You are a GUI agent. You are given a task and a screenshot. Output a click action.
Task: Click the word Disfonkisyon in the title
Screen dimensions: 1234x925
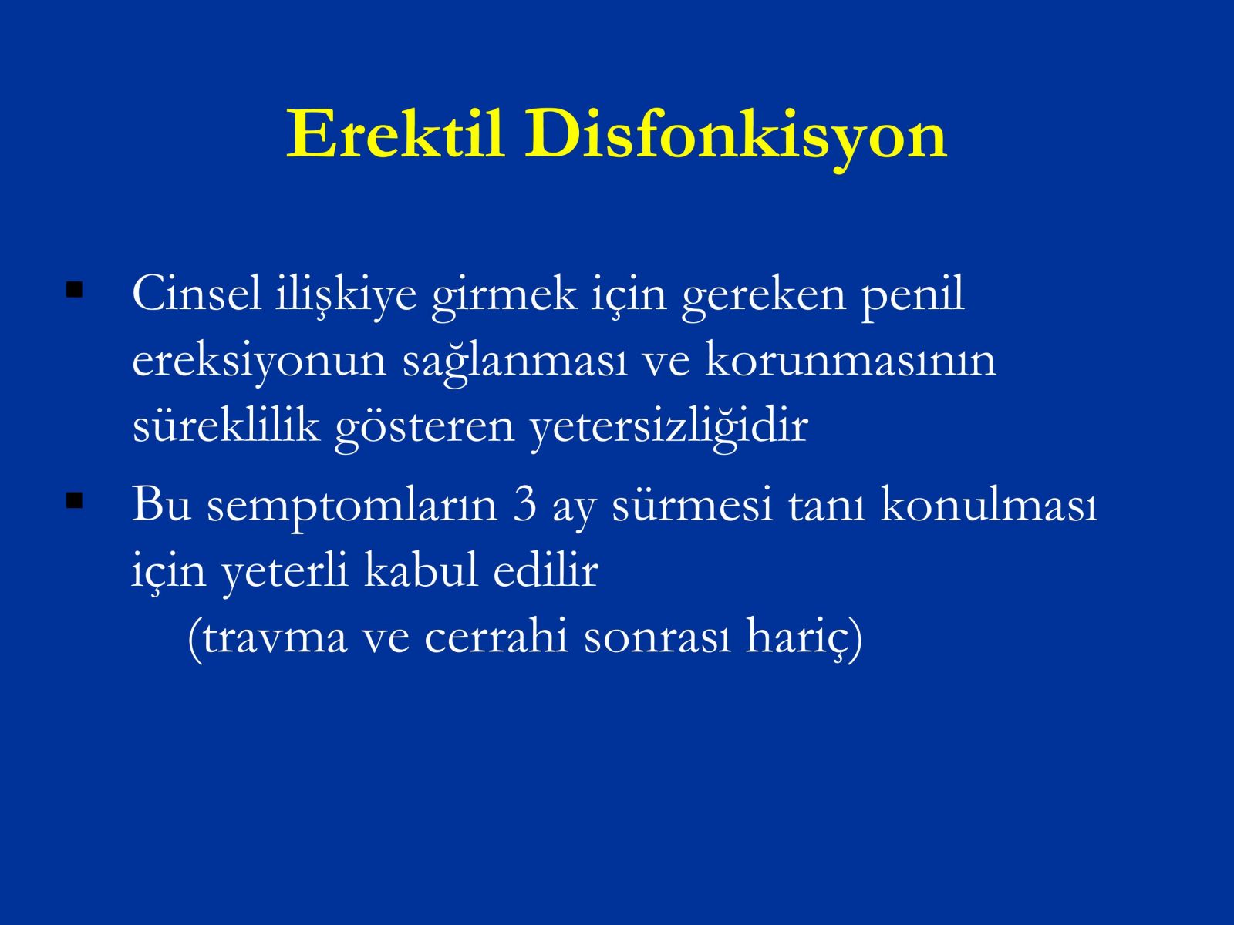pyautogui.click(x=736, y=138)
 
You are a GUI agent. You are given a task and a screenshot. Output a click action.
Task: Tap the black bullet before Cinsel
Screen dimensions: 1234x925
pyautogui.click(x=74, y=290)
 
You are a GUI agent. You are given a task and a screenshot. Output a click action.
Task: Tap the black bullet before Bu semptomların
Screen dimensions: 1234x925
pyautogui.click(x=74, y=500)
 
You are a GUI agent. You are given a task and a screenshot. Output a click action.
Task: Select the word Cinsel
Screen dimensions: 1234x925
pyautogui.click(x=197, y=294)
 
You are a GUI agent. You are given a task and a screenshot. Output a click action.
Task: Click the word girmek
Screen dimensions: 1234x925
pyautogui.click(x=504, y=298)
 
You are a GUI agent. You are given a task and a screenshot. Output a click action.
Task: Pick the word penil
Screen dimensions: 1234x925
pyautogui.click(x=912, y=298)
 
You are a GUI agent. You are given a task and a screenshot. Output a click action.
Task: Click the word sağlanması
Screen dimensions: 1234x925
pyautogui.click(x=514, y=363)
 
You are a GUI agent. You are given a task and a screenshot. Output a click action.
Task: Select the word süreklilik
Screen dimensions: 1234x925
pyautogui.click(x=226, y=425)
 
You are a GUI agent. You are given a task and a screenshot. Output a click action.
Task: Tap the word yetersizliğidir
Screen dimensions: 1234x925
pyautogui.click(x=669, y=429)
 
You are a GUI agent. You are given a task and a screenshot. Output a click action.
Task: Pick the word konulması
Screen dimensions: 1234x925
pyautogui.click(x=988, y=503)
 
